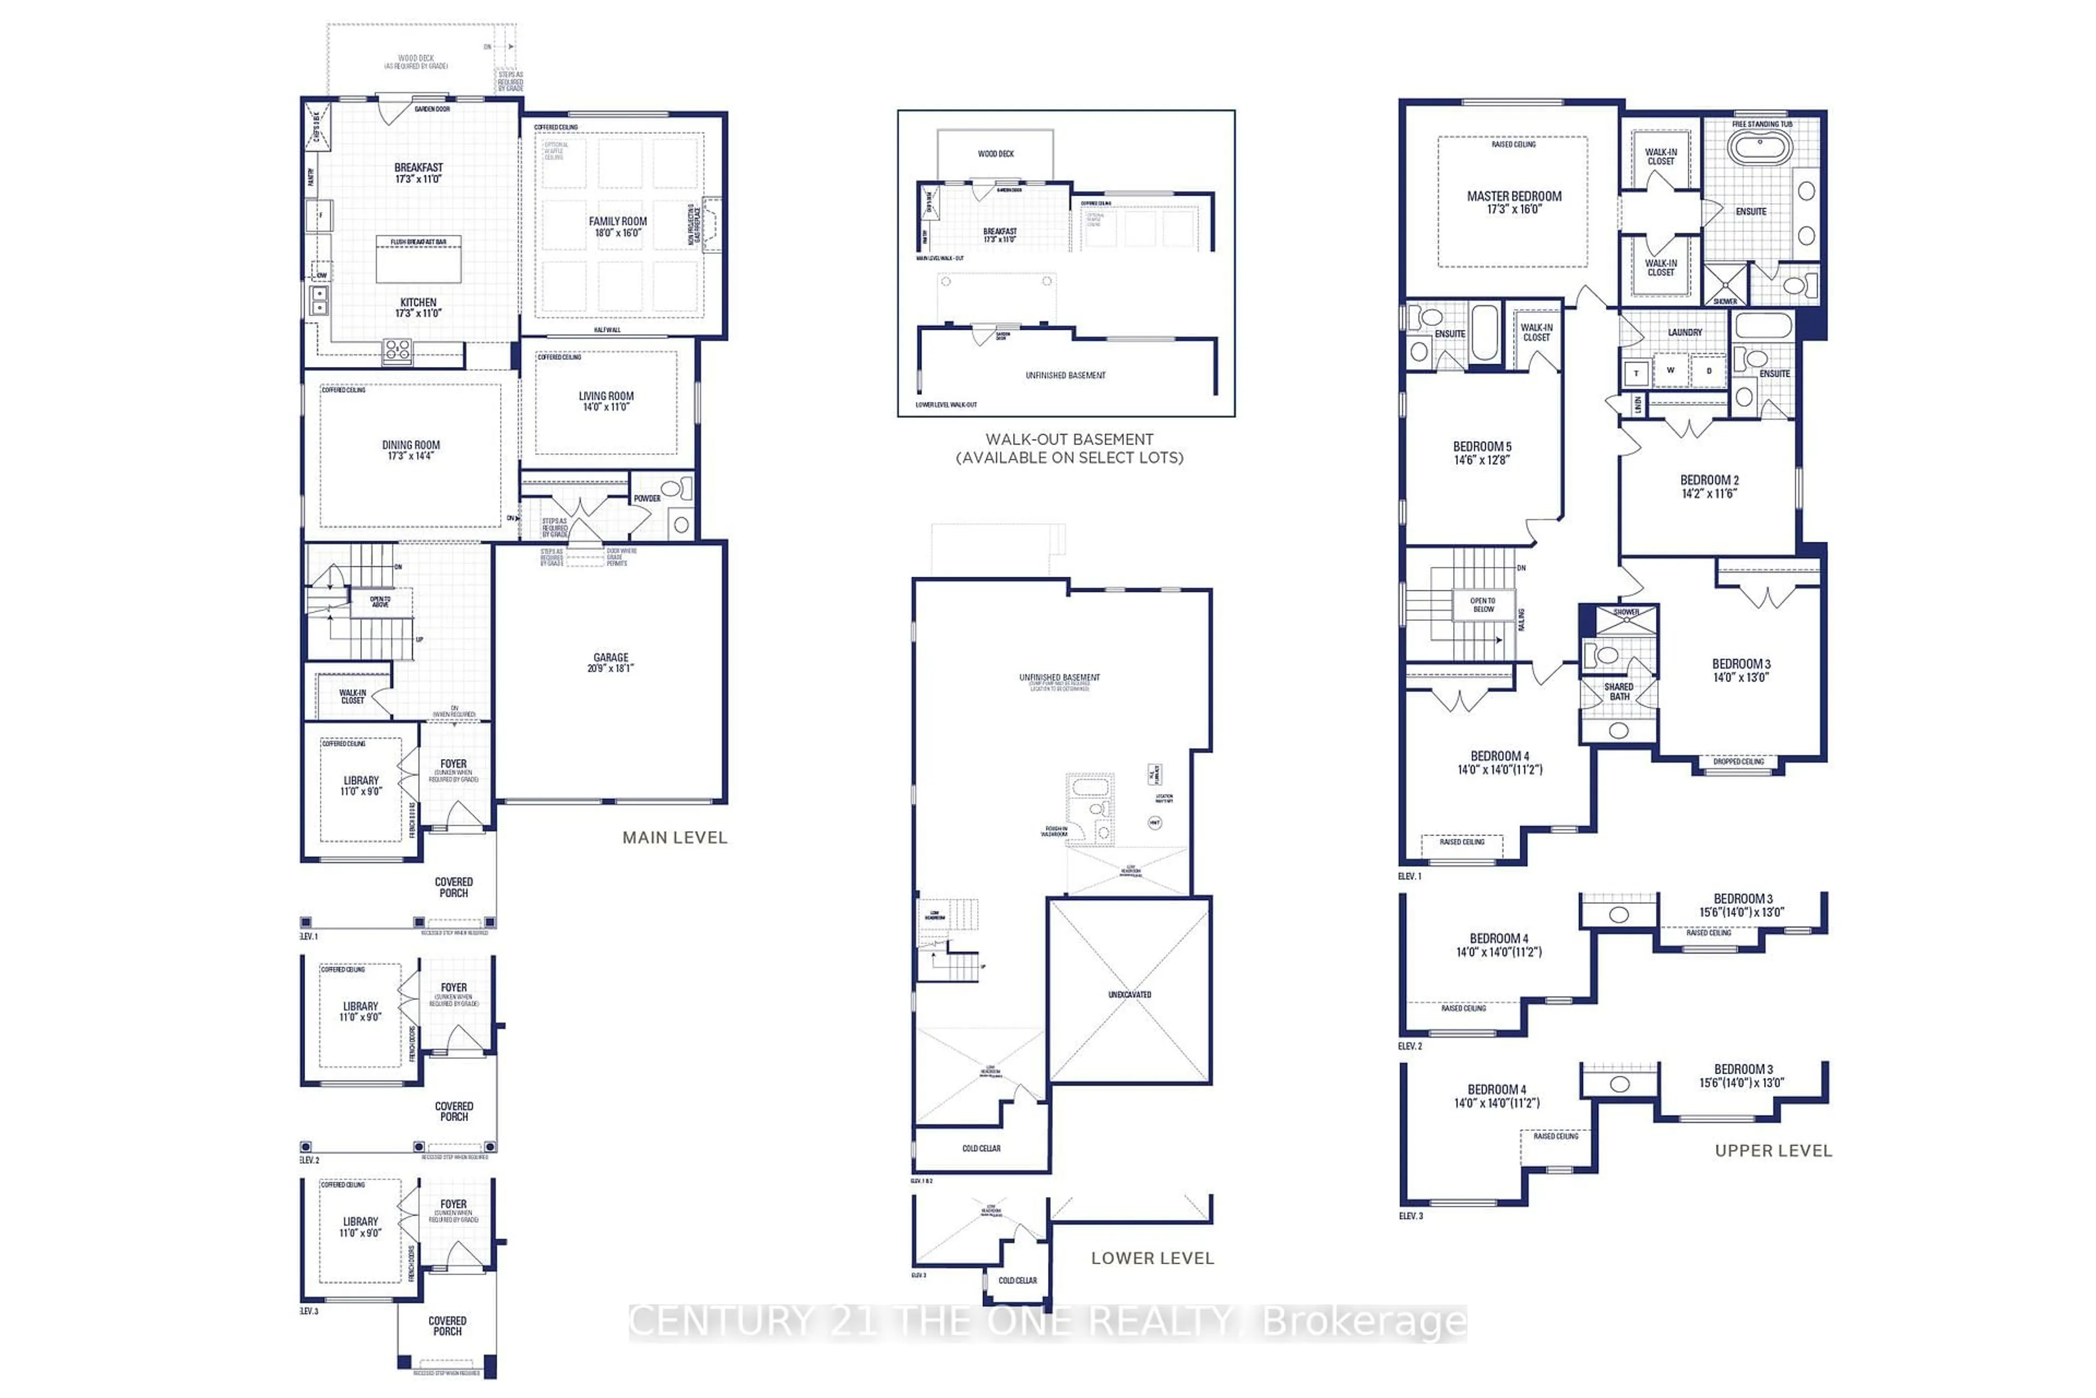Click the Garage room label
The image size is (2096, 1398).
610,662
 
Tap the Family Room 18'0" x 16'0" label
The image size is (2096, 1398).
617,227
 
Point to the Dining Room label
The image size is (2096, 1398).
411,450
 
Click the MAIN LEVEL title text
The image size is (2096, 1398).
675,837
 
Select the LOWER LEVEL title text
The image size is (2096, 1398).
1152,1258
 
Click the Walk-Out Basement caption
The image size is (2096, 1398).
1069,448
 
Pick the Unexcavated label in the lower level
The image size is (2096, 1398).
1129,994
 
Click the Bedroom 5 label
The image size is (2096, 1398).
1482,453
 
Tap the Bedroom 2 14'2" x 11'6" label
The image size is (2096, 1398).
1709,486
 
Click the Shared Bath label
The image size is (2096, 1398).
1619,691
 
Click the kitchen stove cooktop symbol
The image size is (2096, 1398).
397,351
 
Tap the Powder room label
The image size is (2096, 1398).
647,499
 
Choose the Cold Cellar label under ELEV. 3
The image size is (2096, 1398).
1017,1280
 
